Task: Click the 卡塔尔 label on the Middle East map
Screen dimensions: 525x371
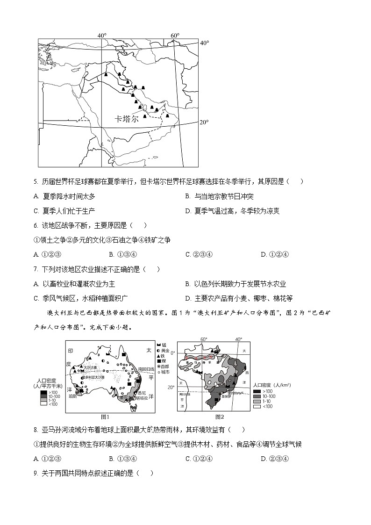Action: tap(127, 119)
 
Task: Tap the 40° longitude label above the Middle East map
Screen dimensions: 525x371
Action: tap(102, 36)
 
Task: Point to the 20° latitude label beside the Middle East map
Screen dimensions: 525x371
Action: tap(204, 122)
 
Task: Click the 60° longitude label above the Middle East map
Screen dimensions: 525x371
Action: tap(175, 36)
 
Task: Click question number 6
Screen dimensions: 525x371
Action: tap(36, 225)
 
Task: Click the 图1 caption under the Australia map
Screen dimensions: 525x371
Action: tap(105, 417)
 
